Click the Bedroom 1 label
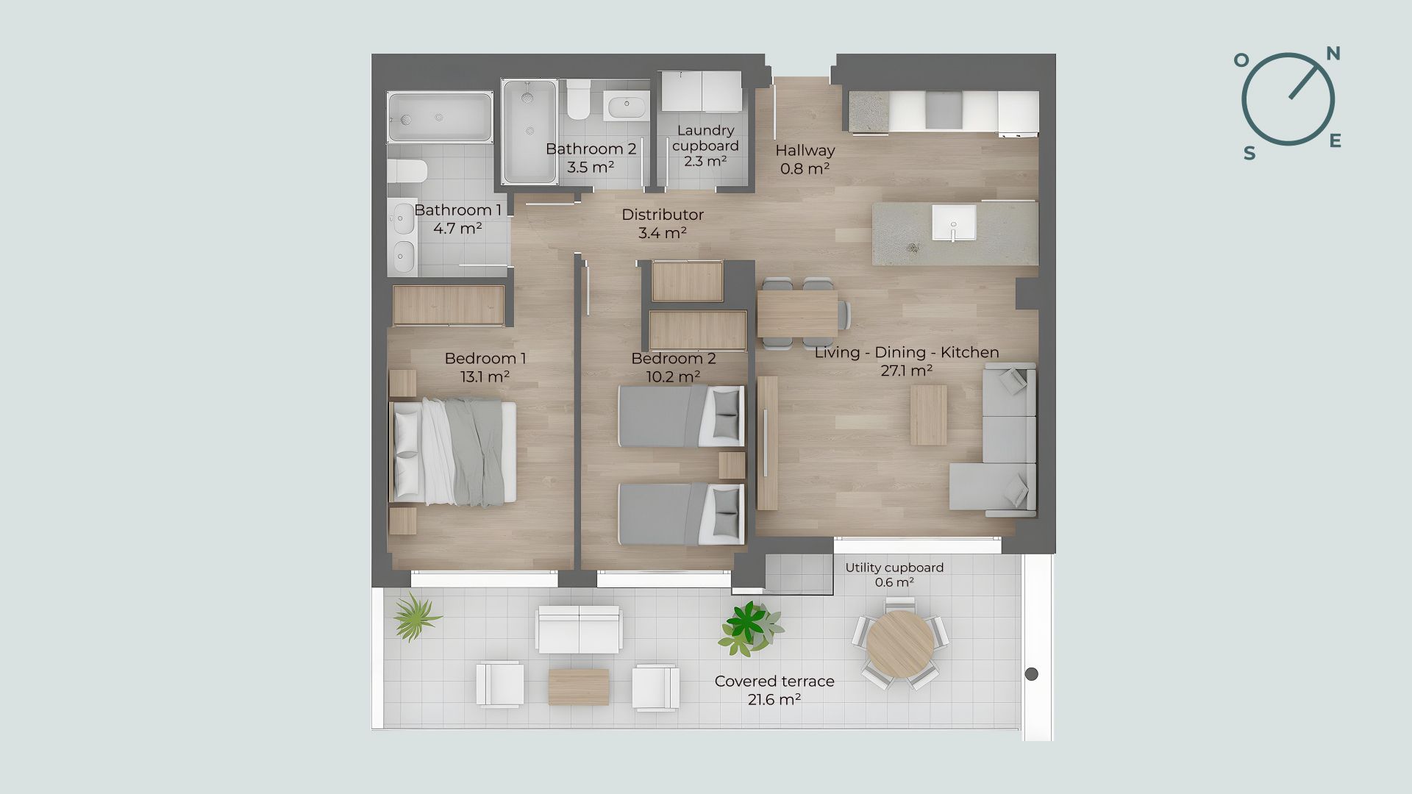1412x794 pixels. [x=485, y=359]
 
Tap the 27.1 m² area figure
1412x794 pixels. [x=906, y=371]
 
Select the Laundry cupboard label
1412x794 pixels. [x=705, y=138]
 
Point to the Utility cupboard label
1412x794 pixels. [x=894, y=568]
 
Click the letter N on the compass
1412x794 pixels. [x=1333, y=54]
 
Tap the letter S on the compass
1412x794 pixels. [x=1249, y=153]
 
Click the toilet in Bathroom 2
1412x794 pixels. [x=578, y=100]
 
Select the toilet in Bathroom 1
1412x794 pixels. [x=407, y=171]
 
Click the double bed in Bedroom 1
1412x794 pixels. [x=452, y=452]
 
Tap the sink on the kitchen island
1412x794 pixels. [x=954, y=223]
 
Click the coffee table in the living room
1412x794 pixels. [x=929, y=415]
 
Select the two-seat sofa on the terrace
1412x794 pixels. [x=579, y=629]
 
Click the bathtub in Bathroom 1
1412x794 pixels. [x=440, y=117]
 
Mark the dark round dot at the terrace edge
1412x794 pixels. [x=1031, y=673]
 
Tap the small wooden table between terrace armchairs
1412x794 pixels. [x=579, y=687]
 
